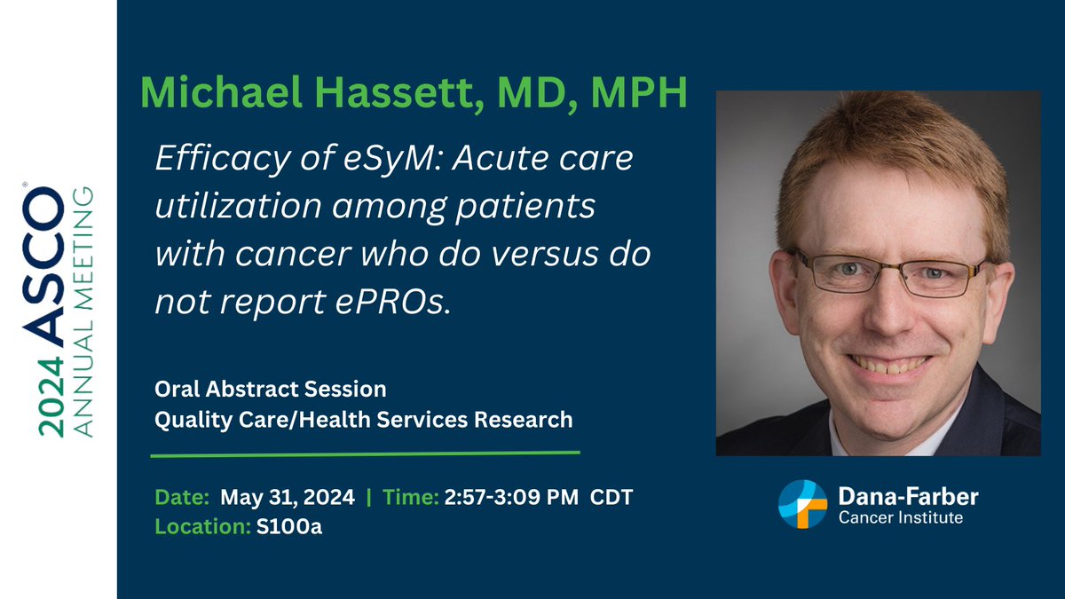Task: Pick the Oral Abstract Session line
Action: (x=271, y=390)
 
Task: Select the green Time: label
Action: (x=411, y=497)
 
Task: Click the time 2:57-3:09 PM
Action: (x=513, y=497)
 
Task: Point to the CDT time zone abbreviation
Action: (x=613, y=497)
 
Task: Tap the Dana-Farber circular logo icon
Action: (x=802, y=504)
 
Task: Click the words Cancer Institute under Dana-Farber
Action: (x=900, y=517)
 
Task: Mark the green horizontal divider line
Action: (x=365, y=454)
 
